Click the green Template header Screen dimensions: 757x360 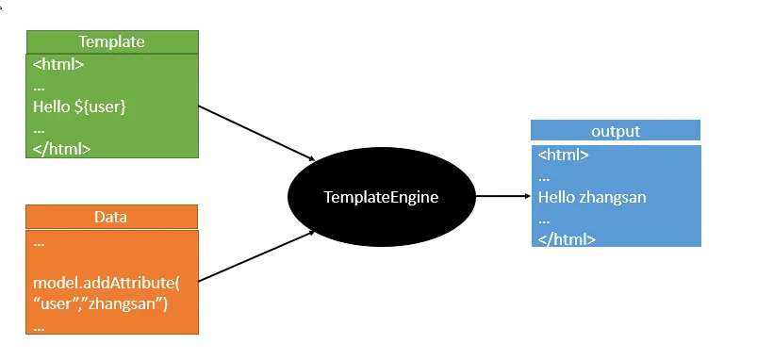112,41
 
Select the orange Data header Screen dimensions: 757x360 111,217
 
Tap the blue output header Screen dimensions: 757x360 616,130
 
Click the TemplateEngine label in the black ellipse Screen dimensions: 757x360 382,197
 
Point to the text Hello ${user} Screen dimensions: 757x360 79,106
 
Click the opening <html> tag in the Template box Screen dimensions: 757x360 58,64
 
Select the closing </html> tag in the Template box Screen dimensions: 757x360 62,149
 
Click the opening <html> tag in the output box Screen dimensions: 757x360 564,155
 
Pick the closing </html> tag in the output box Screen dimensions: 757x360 567,238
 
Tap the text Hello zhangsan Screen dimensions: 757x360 592,197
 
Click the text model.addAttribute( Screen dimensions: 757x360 107,283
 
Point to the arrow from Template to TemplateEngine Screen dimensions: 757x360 256,133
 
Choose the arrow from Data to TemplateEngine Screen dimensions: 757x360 256,255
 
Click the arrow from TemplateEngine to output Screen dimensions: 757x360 503,196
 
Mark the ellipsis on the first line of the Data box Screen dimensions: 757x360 39,245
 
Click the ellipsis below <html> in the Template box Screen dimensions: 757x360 39,89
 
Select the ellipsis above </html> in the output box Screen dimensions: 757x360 544,221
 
